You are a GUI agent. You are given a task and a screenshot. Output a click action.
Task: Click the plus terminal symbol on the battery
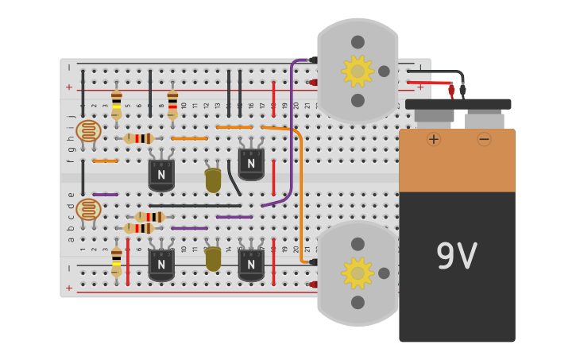click(434, 139)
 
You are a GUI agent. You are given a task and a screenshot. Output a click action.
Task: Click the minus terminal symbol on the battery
click(484, 139)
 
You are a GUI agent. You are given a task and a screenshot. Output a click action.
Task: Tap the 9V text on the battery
click(456, 257)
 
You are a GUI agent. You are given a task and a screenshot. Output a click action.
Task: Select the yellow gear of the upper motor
click(358, 72)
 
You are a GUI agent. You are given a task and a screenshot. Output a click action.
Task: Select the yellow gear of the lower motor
click(358, 273)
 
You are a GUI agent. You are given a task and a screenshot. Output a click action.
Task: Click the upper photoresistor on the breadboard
click(88, 130)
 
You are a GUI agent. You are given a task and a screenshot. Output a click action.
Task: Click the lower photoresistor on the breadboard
click(88, 210)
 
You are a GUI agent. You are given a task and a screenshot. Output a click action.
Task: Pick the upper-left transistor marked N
click(161, 174)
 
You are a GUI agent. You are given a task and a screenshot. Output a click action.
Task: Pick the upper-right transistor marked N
click(251, 163)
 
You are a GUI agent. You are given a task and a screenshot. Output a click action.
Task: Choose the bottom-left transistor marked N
click(161, 264)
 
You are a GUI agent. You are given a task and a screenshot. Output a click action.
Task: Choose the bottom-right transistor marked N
click(251, 264)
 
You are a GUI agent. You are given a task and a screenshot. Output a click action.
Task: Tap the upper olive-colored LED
click(213, 180)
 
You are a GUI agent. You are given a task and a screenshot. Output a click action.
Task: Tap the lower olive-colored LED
click(213, 259)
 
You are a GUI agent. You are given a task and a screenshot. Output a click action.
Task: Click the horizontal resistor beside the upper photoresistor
click(139, 138)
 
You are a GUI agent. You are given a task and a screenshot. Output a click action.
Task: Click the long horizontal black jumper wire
click(195, 206)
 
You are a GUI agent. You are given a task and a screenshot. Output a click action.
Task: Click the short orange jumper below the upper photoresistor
click(105, 161)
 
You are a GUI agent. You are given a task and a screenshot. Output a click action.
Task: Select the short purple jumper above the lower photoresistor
click(105, 195)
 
